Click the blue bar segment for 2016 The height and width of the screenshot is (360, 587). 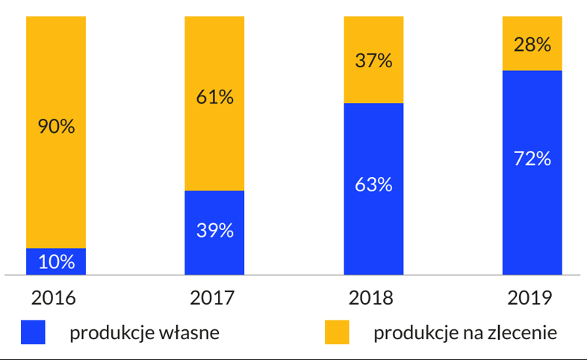click(56, 261)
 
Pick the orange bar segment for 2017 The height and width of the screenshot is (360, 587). click(214, 142)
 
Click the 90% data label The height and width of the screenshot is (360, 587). click(56, 127)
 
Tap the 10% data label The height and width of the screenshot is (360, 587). click(56, 262)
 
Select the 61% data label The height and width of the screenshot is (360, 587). click(215, 96)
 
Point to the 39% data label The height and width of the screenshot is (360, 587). click(215, 231)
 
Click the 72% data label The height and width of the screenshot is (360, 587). click(532, 158)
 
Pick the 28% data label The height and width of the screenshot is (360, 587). click(532, 45)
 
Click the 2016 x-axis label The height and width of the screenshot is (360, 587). click(54, 298)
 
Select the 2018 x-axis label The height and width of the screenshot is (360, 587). click(371, 298)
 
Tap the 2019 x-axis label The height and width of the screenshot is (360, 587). click(529, 298)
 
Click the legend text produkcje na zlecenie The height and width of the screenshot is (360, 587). click(465, 333)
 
